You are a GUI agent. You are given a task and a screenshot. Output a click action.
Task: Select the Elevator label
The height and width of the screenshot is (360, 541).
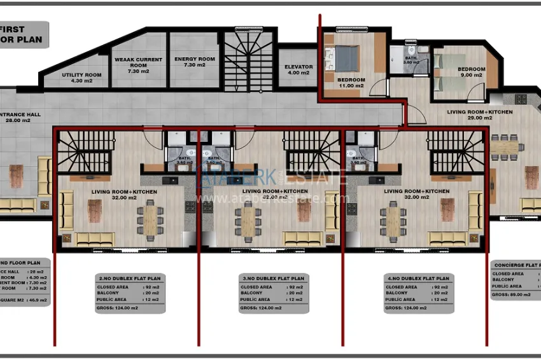coord(297,69)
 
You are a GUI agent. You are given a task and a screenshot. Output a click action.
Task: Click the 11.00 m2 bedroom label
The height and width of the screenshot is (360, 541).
coord(351,82)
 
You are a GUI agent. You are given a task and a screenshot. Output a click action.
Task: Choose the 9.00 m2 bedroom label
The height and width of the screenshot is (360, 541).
coord(472,72)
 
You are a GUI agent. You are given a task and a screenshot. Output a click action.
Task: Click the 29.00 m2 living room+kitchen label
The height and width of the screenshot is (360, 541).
coord(479,114)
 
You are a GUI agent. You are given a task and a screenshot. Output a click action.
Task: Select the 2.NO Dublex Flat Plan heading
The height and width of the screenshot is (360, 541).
coord(130,279)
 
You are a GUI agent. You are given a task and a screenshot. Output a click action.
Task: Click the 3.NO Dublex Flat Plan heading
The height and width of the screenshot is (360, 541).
coord(273,279)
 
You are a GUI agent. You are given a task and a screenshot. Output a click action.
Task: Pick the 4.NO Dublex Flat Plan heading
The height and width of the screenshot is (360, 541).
coord(418,279)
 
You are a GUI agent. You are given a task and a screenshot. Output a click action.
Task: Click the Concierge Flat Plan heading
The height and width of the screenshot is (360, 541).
coord(516,265)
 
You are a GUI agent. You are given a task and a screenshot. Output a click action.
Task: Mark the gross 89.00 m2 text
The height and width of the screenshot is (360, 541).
coord(513,294)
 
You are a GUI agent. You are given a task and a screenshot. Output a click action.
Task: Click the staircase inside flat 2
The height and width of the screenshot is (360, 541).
coord(86,151)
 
